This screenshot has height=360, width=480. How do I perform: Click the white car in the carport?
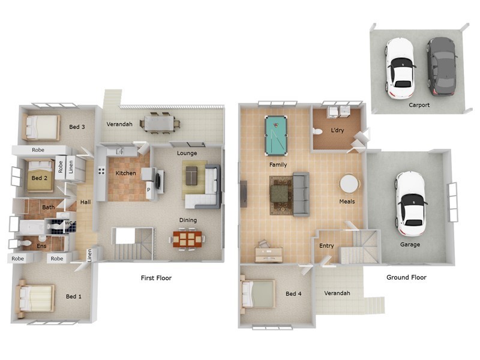pos(400,67)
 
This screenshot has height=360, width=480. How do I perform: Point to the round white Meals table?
pos(349,183)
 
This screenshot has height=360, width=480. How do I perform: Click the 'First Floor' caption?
pos(156,278)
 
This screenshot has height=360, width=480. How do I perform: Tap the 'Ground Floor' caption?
pos(406,277)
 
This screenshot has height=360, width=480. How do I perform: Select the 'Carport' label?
pos(419,105)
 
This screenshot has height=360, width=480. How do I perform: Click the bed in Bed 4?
pos(258,294)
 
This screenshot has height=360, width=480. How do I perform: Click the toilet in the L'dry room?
pos(318,131)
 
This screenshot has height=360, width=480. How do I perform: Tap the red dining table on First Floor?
pos(187,239)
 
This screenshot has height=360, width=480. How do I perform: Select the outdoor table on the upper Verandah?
pos(160,124)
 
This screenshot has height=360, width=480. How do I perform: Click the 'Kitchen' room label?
pos(125,173)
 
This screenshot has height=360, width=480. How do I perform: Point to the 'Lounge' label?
pos(187,153)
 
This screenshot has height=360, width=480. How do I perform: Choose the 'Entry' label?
pos(326,245)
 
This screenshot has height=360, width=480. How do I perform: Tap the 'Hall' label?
pos(85,202)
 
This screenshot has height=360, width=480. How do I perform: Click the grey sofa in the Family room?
pos(300,193)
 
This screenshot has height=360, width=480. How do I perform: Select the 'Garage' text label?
pos(410,244)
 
